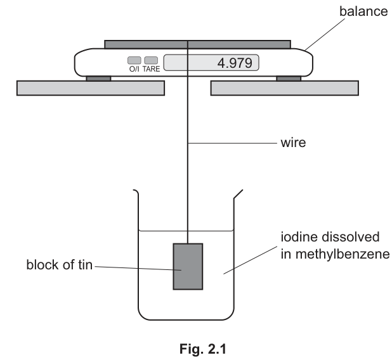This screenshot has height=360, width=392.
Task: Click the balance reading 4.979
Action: [x=235, y=63]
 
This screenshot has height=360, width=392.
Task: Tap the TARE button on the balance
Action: [x=151, y=60]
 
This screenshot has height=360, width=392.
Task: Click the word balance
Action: [x=363, y=11]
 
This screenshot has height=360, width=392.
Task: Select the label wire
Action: [x=293, y=143]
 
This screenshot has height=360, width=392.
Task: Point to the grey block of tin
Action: [x=188, y=267]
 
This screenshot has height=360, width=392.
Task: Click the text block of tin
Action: [x=59, y=264]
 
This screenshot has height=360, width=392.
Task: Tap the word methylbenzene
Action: [x=335, y=255]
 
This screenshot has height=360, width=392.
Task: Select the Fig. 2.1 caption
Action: [x=203, y=349]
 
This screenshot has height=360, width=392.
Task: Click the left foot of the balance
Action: [x=98, y=79]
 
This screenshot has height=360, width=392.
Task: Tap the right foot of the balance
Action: [x=289, y=79]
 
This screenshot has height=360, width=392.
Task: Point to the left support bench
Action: [x=91, y=88]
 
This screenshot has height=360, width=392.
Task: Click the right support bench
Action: [x=285, y=88]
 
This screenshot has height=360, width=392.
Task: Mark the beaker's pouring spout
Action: [x=238, y=194]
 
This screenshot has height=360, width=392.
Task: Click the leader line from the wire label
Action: [x=233, y=143]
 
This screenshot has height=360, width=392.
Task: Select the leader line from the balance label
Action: [x=325, y=34]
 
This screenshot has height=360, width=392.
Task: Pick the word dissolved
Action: [x=351, y=237]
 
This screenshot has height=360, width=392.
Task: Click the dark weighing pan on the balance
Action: [x=197, y=44]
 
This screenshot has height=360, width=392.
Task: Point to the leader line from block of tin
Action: [x=138, y=268]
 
